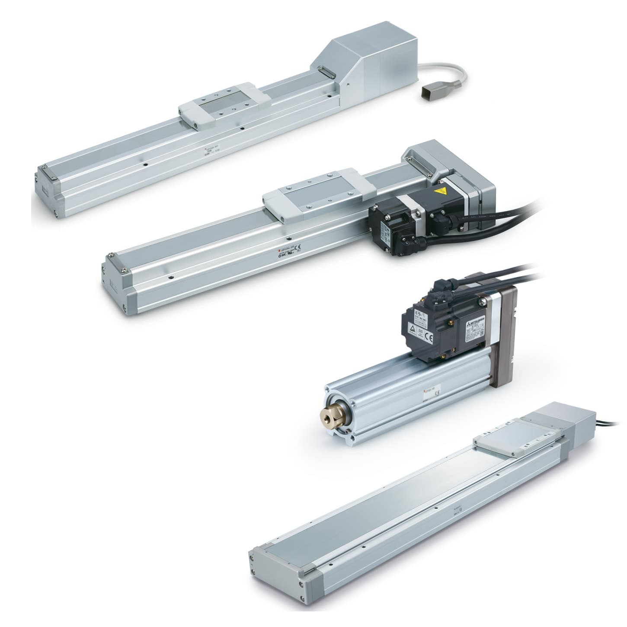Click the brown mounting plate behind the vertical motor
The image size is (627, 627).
pyautogui.click(x=504, y=333)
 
